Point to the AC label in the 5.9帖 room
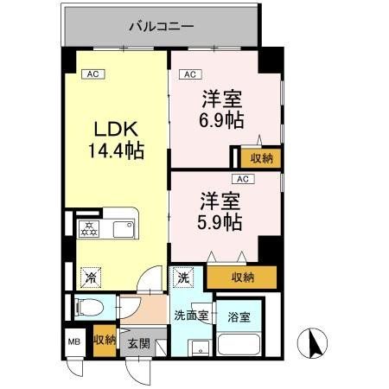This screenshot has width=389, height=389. point(243,179)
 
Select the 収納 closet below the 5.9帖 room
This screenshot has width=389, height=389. point(243,277)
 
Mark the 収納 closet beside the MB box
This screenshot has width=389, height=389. point(104,341)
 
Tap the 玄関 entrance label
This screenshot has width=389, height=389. point(138,343)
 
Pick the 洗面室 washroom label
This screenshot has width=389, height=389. point(190,315)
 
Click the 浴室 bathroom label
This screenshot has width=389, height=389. point(239,316)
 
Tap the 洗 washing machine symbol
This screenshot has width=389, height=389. point(183,277)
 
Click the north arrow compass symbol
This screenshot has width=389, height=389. point(312,344)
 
